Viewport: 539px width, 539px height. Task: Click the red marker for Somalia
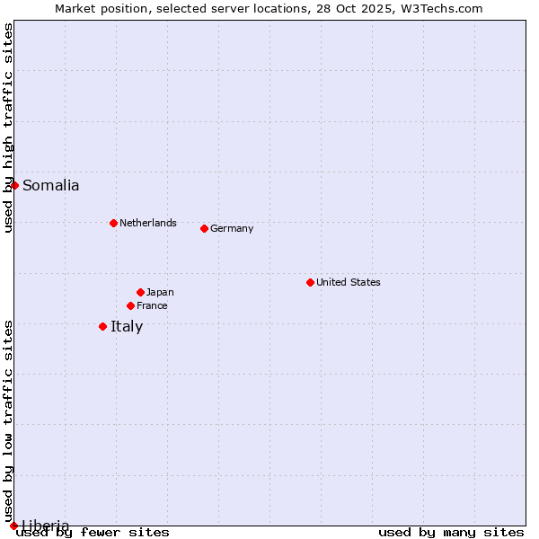click(x=14, y=185)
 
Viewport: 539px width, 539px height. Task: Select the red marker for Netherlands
click(x=113, y=223)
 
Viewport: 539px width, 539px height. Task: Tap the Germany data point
click(x=204, y=228)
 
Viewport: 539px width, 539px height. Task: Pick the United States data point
click(x=310, y=282)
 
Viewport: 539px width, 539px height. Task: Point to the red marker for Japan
click(x=140, y=292)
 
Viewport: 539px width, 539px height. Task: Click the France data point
click(x=130, y=305)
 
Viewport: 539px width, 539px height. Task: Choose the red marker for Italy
click(x=102, y=326)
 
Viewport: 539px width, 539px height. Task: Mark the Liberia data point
click(x=13, y=526)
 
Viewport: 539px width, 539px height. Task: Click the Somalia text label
click(x=50, y=186)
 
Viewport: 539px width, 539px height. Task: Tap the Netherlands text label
click(x=147, y=224)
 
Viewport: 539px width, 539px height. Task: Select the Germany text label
click(x=232, y=229)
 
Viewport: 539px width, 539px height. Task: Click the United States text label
click(x=348, y=283)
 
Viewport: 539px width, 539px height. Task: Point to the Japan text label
click(x=160, y=293)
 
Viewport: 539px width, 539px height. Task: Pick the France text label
click(x=152, y=306)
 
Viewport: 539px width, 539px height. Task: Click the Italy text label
click(x=127, y=327)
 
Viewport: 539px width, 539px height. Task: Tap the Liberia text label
click(x=45, y=526)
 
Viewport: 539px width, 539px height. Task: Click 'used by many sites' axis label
click(x=451, y=533)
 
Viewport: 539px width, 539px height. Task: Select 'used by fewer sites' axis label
click(x=93, y=533)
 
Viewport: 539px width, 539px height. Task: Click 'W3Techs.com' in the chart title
click(x=446, y=9)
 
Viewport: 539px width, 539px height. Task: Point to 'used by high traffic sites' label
click(x=9, y=128)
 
